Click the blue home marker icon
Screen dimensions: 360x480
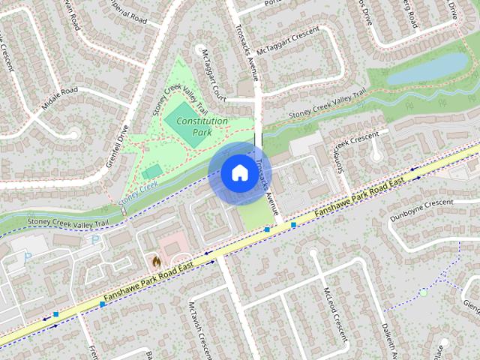pyautogui.click(x=238, y=173)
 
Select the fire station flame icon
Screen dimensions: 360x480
pyautogui.click(x=155, y=261)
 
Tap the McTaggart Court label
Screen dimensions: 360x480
pyautogui.click(x=214, y=75)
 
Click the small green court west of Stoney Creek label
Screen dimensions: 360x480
pyautogui.click(x=151, y=172)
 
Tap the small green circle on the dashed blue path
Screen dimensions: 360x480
pyautogui.click(x=423, y=292)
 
